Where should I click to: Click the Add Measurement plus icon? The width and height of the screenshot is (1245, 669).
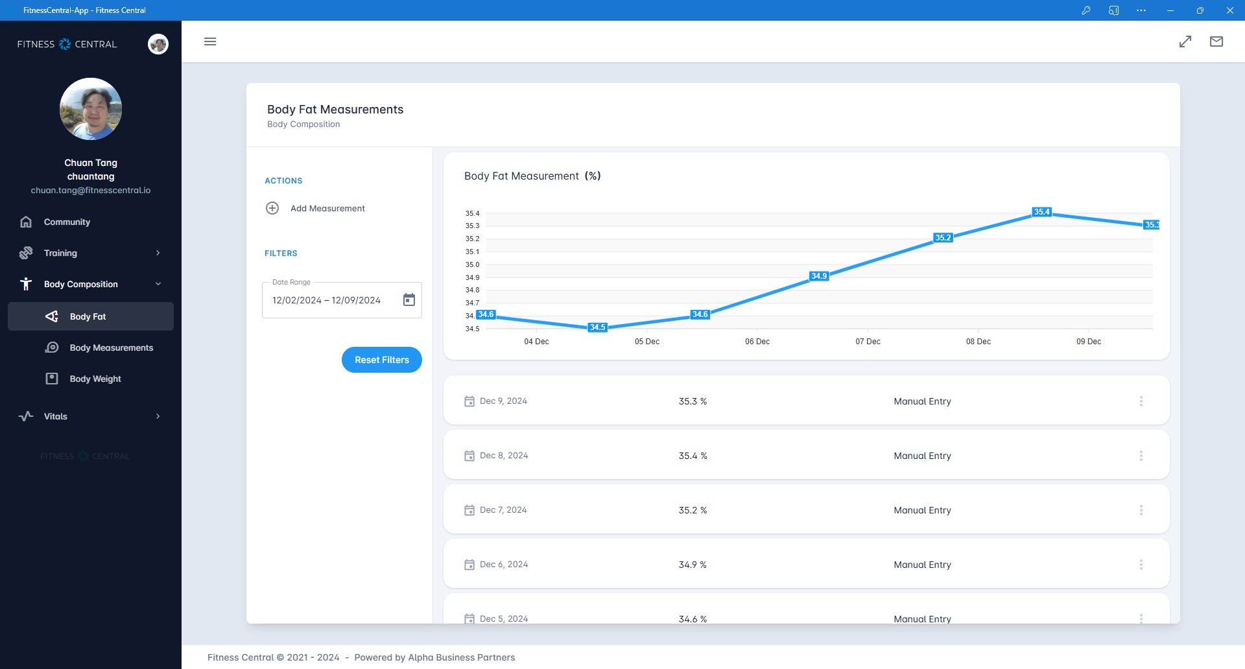(272, 208)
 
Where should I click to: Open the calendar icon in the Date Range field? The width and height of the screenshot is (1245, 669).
(409, 299)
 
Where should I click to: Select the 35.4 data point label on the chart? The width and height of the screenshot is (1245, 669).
(1041, 212)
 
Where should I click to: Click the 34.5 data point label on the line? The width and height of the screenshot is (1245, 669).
(597, 327)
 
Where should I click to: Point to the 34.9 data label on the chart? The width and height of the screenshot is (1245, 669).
(819, 276)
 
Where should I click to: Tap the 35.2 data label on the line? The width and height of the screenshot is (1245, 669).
(943, 238)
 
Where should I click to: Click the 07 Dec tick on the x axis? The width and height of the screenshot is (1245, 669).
(868, 342)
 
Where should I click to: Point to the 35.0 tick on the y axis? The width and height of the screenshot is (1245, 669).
(472, 264)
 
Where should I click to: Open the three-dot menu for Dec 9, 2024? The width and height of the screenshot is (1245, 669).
(1141, 401)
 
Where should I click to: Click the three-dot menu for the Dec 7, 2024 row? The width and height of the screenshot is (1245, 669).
(1141, 510)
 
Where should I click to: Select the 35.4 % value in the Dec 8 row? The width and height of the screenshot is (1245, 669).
(693, 456)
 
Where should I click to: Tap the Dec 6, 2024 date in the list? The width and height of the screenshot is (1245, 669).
(503, 565)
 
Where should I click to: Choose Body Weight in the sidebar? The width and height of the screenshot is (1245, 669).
(95, 379)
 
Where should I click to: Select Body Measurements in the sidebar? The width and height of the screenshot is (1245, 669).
(111, 347)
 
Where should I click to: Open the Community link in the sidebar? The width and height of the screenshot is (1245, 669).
(67, 222)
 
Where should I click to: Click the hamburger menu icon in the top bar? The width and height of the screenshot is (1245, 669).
(210, 41)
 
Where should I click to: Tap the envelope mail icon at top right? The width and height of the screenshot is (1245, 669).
(1216, 41)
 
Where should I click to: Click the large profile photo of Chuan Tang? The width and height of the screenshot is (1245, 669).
(91, 109)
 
